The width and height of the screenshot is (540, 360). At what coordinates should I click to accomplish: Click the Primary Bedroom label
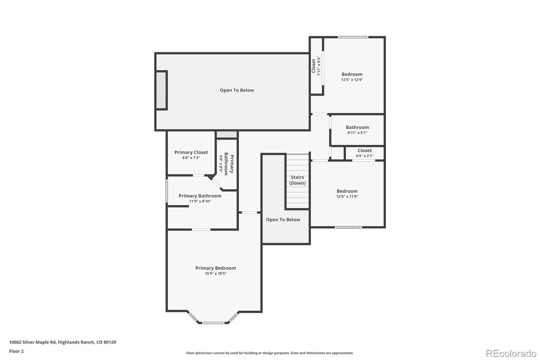point(216,268)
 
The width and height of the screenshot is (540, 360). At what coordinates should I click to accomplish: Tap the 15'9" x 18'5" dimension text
point(216,274)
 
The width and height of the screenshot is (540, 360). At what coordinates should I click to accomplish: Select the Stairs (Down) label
point(297,180)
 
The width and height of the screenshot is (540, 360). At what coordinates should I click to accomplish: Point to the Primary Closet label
point(191,152)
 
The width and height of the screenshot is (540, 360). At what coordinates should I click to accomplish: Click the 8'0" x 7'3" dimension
point(191,158)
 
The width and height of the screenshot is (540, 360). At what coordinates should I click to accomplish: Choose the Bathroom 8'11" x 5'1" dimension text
point(357,132)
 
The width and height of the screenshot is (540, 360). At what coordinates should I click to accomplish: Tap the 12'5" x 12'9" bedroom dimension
point(352,80)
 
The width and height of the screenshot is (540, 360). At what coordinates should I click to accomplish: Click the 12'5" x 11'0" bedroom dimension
point(347,197)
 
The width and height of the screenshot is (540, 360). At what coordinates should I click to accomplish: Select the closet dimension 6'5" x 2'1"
point(364,156)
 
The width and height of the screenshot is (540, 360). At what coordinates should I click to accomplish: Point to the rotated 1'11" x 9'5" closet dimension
point(319,66)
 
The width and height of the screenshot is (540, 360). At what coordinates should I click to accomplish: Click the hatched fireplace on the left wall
point(161,90)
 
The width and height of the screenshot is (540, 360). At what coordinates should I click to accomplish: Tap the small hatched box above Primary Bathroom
point(226,134)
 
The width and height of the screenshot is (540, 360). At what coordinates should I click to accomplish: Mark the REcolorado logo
point(511,354)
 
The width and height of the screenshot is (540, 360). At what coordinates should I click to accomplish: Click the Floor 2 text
point(17,351)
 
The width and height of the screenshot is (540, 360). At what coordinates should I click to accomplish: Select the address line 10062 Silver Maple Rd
point(62,342)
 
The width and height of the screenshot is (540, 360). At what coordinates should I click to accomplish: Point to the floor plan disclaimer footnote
point(270,353)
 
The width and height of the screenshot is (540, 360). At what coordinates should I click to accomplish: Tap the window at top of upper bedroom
point(353,37)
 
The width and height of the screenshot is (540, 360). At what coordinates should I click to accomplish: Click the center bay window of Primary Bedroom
point(213,323)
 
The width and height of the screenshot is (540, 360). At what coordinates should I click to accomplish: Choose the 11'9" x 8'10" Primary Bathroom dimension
point(200,201)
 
